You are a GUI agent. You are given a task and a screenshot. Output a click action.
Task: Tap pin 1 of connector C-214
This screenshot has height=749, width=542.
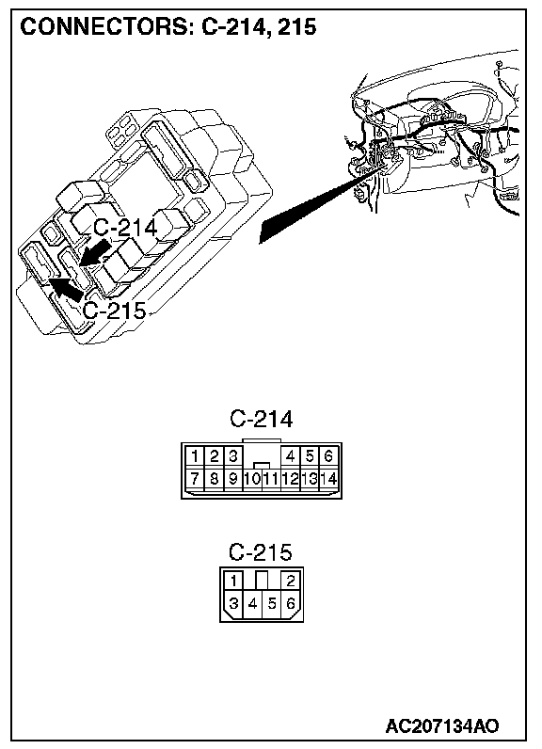pyautogui.click(x=195, y=456)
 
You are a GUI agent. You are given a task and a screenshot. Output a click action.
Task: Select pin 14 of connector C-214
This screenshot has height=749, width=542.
pyautogui.click(x=328, y=478)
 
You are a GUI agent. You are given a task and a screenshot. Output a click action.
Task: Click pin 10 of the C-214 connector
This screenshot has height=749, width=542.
pyautogui.click(x=252, y=478)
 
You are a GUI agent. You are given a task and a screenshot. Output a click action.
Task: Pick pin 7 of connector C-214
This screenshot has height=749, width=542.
pyautogui.click(x=195, y=478)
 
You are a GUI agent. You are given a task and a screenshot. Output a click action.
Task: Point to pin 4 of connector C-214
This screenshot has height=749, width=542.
pyautogui.click(x=291, y=456)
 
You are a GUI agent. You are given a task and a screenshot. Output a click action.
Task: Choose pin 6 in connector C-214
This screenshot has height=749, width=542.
pyautogui.click(x=328, y=456)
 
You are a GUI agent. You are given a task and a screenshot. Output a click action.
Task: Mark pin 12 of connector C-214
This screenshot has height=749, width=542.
pyautogui.click(x=291, y=478)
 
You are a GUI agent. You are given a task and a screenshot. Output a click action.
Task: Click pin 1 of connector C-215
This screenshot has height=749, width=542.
pyautogui.click(x=233, y=581)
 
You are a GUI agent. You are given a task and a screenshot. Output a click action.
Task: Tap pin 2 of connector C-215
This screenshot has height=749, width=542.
pyautogui.click(x=291, y=581)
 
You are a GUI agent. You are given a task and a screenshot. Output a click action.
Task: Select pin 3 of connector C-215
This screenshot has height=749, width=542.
pyautogui.click(x=233, y=603)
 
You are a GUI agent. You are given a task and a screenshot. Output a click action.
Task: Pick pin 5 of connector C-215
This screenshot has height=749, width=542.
pyautogui.click(x=272, y=603)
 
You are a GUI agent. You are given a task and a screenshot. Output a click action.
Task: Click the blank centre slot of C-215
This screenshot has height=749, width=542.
pyautogui.click(x=262, y=581)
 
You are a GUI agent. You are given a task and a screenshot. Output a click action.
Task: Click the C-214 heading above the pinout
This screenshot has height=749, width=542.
pyautogui.click(x=261, y=419)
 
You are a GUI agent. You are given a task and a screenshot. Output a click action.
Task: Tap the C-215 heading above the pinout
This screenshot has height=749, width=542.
pyautogui.click(x=261, y=552)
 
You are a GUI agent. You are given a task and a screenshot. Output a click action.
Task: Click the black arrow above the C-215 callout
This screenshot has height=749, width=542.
pyautogui.click(x=67, y=289)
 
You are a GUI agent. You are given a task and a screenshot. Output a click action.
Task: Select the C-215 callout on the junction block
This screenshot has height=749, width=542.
pyautogui.click(x=115, y=311)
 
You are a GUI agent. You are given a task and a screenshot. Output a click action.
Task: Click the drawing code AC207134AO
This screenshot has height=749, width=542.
pyautogui.click(x=442, y=726)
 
